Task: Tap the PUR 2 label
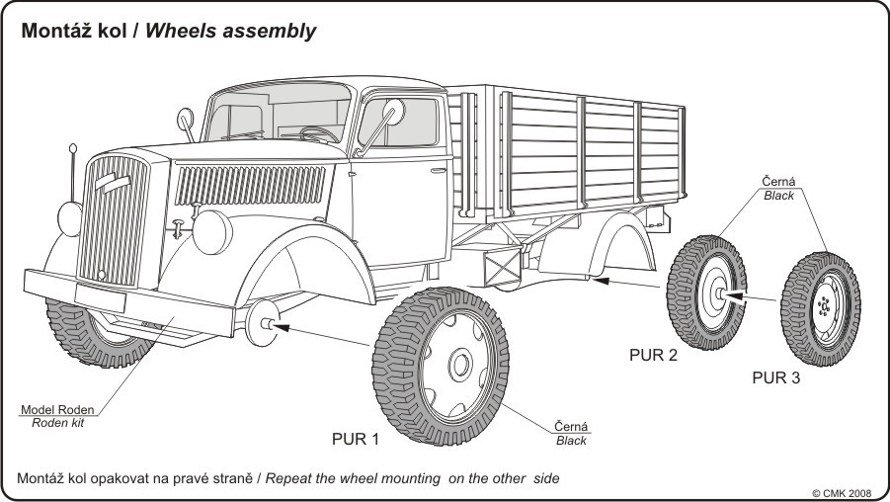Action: (x=653, y=356)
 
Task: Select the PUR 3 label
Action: (x=775, y=376)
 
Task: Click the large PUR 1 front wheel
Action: (x=442, y=367)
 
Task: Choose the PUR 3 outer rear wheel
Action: (x=820, y=304)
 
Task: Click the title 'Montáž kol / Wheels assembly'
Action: (x=168, y=31)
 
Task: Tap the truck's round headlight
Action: (x=212, y=230)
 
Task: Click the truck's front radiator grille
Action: (x=113, y=217)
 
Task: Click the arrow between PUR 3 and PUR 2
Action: (x=755, y=294)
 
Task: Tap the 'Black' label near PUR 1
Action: (x=571, y=440)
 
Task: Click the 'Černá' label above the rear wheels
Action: (x=778, y=182)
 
